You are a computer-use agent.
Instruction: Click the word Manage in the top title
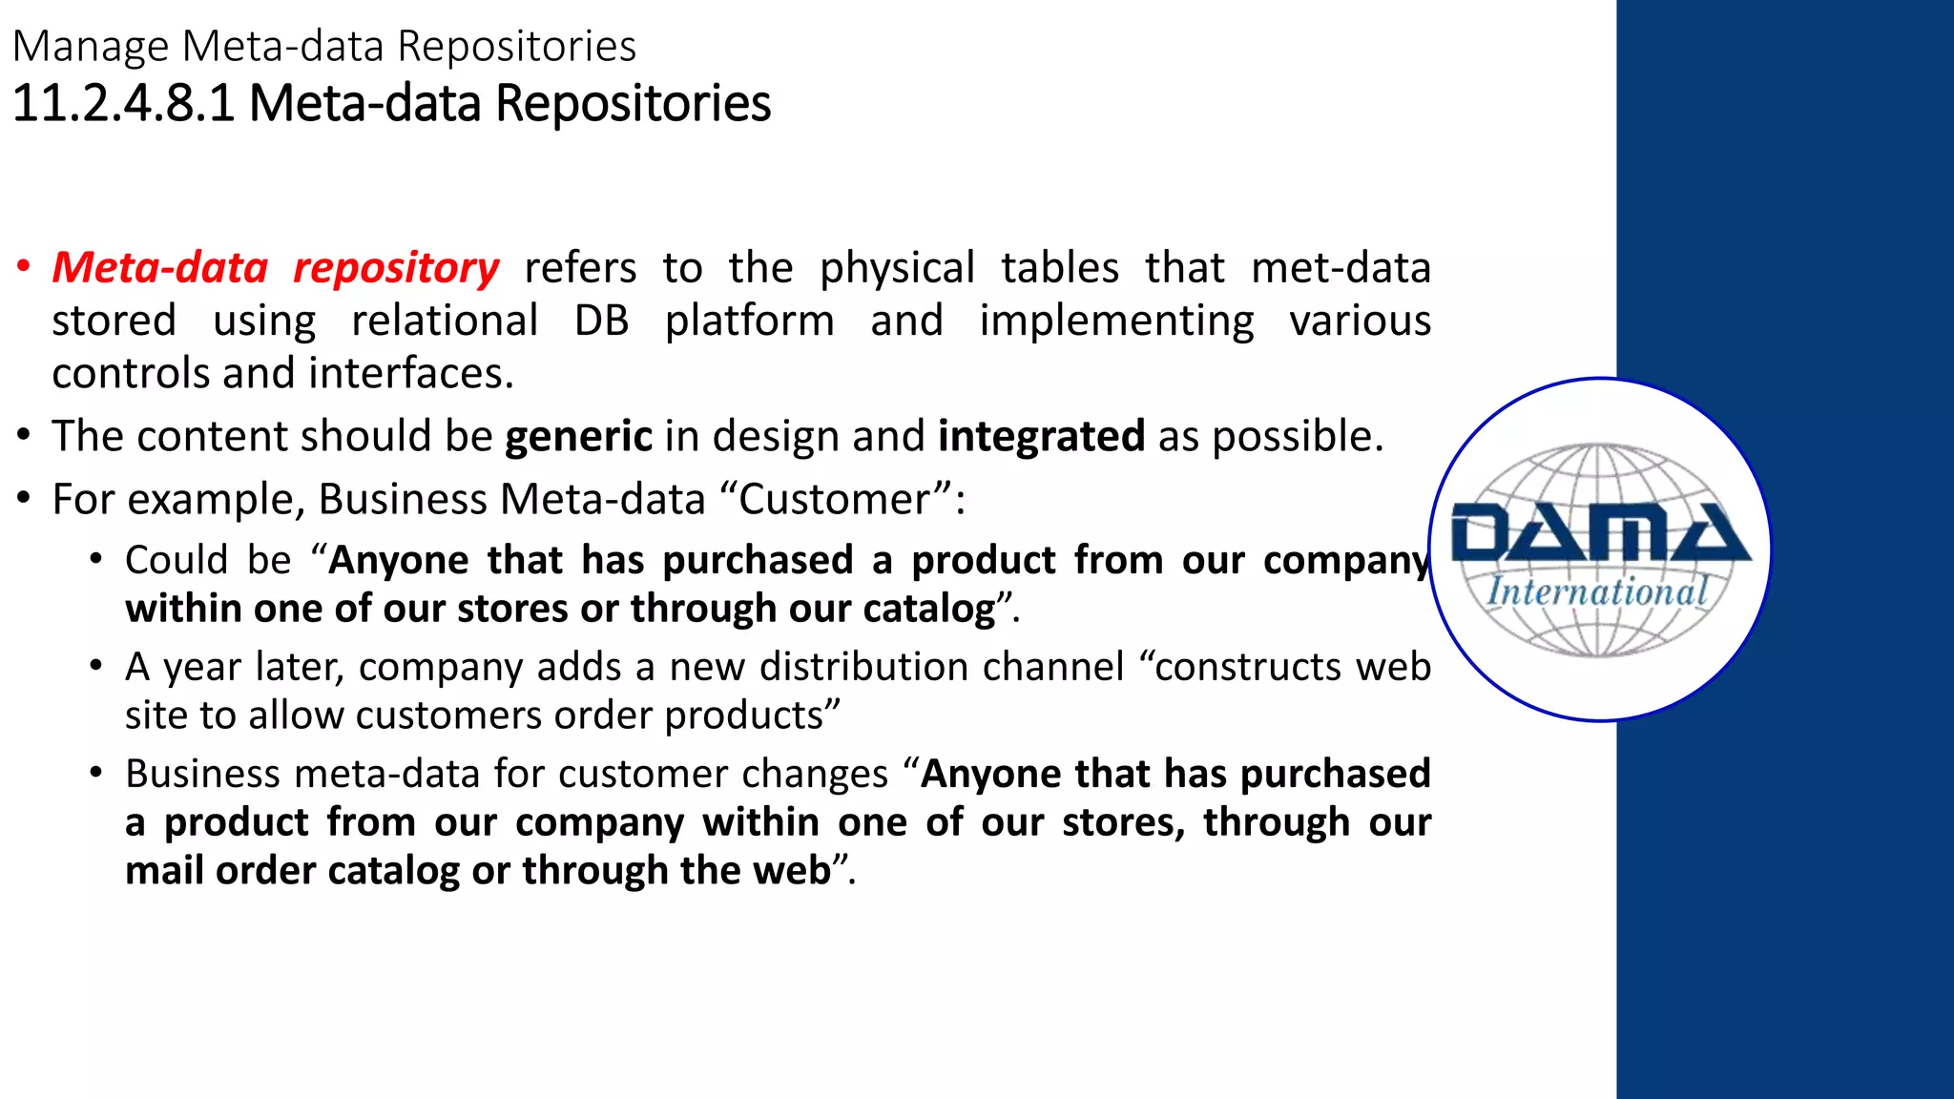point(91,47)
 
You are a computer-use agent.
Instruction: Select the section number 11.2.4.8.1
point(123,103)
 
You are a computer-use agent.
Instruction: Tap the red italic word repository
point(396,268)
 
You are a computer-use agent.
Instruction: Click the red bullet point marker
point(24,267)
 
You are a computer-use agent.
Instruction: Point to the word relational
point(445,321)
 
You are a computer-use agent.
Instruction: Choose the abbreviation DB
point(601,321)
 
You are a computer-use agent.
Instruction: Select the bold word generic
point(578,437)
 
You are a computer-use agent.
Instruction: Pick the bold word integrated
point(1041,437)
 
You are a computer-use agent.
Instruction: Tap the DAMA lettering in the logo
point(1600,534)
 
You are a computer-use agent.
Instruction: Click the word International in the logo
point(1597,591)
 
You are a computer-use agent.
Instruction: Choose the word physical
point(897,268)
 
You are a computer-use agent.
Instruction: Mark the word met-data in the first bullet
point(1341,268)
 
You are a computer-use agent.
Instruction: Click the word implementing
point(1116,321)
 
